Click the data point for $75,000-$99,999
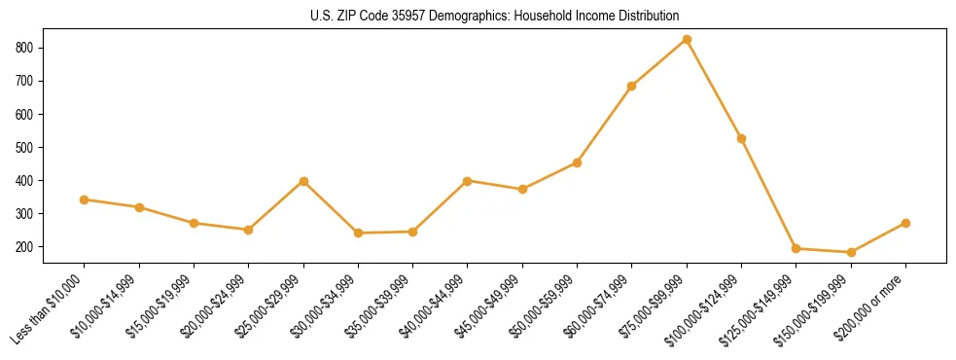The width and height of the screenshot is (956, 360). [x=687, y=40]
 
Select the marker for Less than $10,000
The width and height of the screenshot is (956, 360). [x=85, y=199]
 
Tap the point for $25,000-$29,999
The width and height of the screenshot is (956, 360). [x=303, y=181]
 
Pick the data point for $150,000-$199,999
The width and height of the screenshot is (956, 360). [x=851, y=252]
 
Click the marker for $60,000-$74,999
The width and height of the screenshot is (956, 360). [x=632, y=86]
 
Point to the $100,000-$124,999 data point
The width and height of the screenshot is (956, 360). [x=741, y=138]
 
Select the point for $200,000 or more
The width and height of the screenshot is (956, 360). [x=905, y=223]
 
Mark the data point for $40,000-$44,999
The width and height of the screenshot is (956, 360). [x=468, y=181]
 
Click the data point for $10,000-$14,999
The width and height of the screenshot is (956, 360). [x=139, y=207]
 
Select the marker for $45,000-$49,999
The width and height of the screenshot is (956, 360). [x=522, y=189]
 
